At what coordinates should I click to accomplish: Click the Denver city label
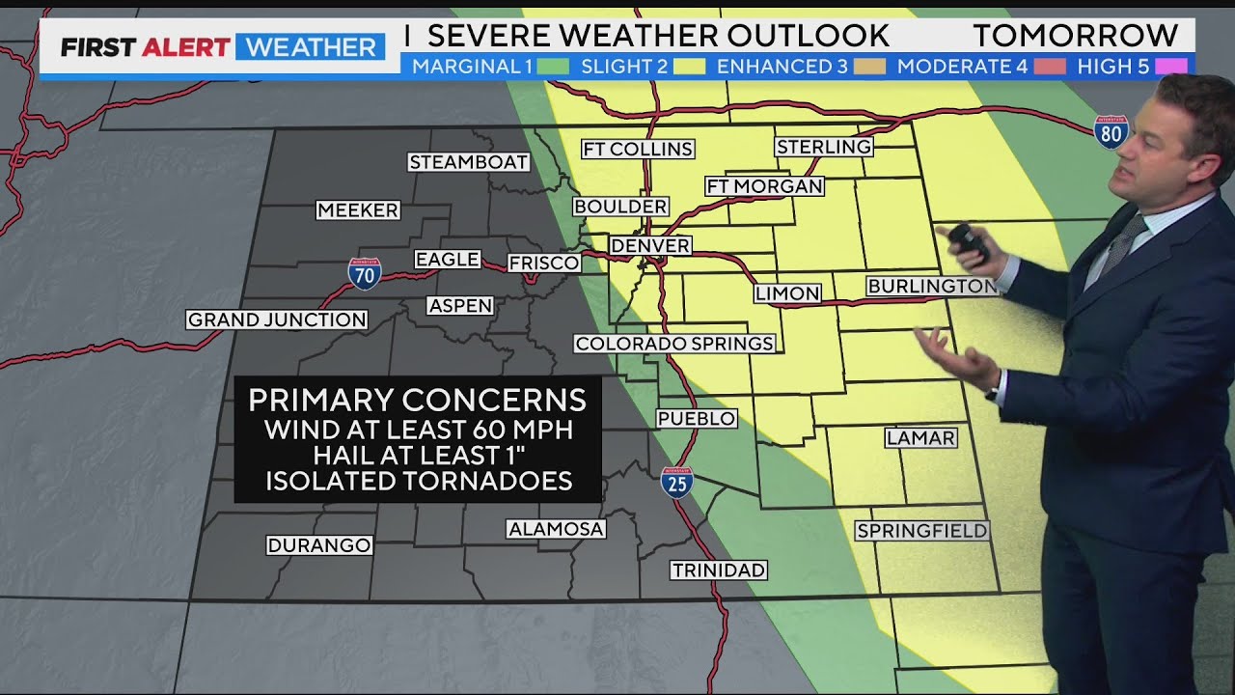click(x=650, y=245)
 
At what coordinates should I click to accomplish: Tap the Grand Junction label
click(x=277, y=320)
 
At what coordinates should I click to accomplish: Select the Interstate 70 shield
click(x=365, y=273)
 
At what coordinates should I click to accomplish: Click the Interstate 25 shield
click(x=676, y=481)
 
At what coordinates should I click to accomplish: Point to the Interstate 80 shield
click(x=1111, y=132)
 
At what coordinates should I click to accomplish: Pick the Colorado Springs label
click(x=674, y=344)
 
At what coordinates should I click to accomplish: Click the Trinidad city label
click(x=719, y=570)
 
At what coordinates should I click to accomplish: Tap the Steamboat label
click(x=468, y=162)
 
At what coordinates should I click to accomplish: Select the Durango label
click(x=319, y=545)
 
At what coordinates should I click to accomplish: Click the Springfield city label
click(x=921, y=531)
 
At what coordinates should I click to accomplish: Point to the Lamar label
click(x=920, y=437)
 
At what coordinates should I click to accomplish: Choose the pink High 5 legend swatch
click(x=1170, y=67)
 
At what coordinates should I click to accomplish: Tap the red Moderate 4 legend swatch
click(x=1051, y=67)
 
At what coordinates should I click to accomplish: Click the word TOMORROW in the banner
click(x=1075, y=36)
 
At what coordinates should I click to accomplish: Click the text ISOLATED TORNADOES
click(x=418, y=481)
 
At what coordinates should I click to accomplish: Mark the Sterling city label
click(x=824, y=147)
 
